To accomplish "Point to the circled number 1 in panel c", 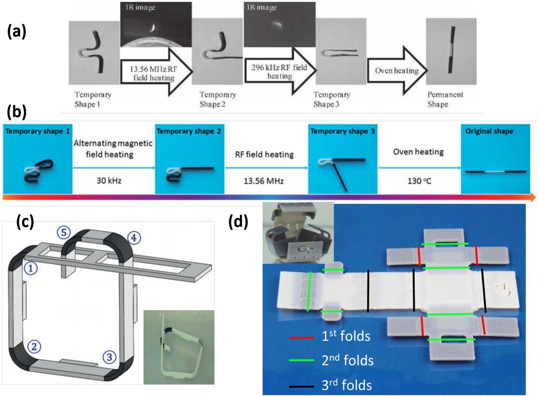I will coord(31,269).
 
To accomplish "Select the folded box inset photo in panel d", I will coord(298,233).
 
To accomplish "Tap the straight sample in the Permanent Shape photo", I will coord(451,56).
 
